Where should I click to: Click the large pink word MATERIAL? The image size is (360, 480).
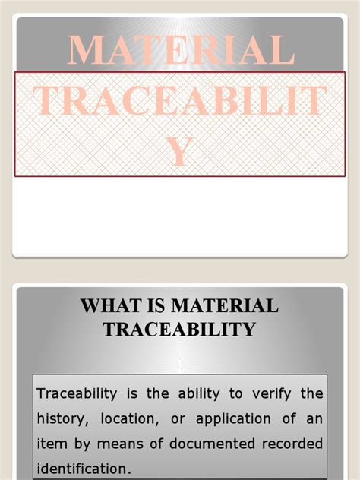tap(180, 50)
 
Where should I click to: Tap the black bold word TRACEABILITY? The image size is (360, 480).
tap(180, 330)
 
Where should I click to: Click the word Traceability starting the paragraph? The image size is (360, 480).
tap(77, 393)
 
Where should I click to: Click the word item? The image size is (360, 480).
tap(51, 443)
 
